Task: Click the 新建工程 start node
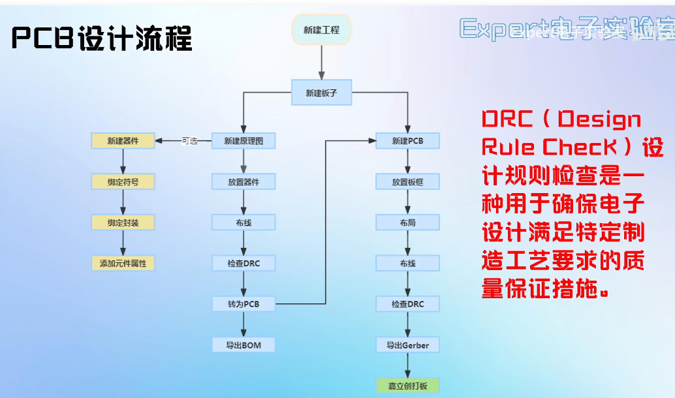322,30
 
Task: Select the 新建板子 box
322,93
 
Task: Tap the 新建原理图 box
243,141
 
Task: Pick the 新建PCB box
408,141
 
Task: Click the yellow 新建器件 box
123,141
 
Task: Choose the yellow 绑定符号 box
123,182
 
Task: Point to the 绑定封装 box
123,222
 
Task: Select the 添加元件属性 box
123,264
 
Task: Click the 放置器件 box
243,182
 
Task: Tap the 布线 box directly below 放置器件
243,222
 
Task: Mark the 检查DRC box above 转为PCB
243,264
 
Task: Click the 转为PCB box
243,304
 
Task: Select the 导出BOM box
243,344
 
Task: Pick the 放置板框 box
408,182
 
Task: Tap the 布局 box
408,222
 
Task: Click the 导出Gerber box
408,344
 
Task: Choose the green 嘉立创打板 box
408,385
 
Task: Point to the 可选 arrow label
189,141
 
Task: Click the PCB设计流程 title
102,39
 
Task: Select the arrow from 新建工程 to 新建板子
322,63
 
